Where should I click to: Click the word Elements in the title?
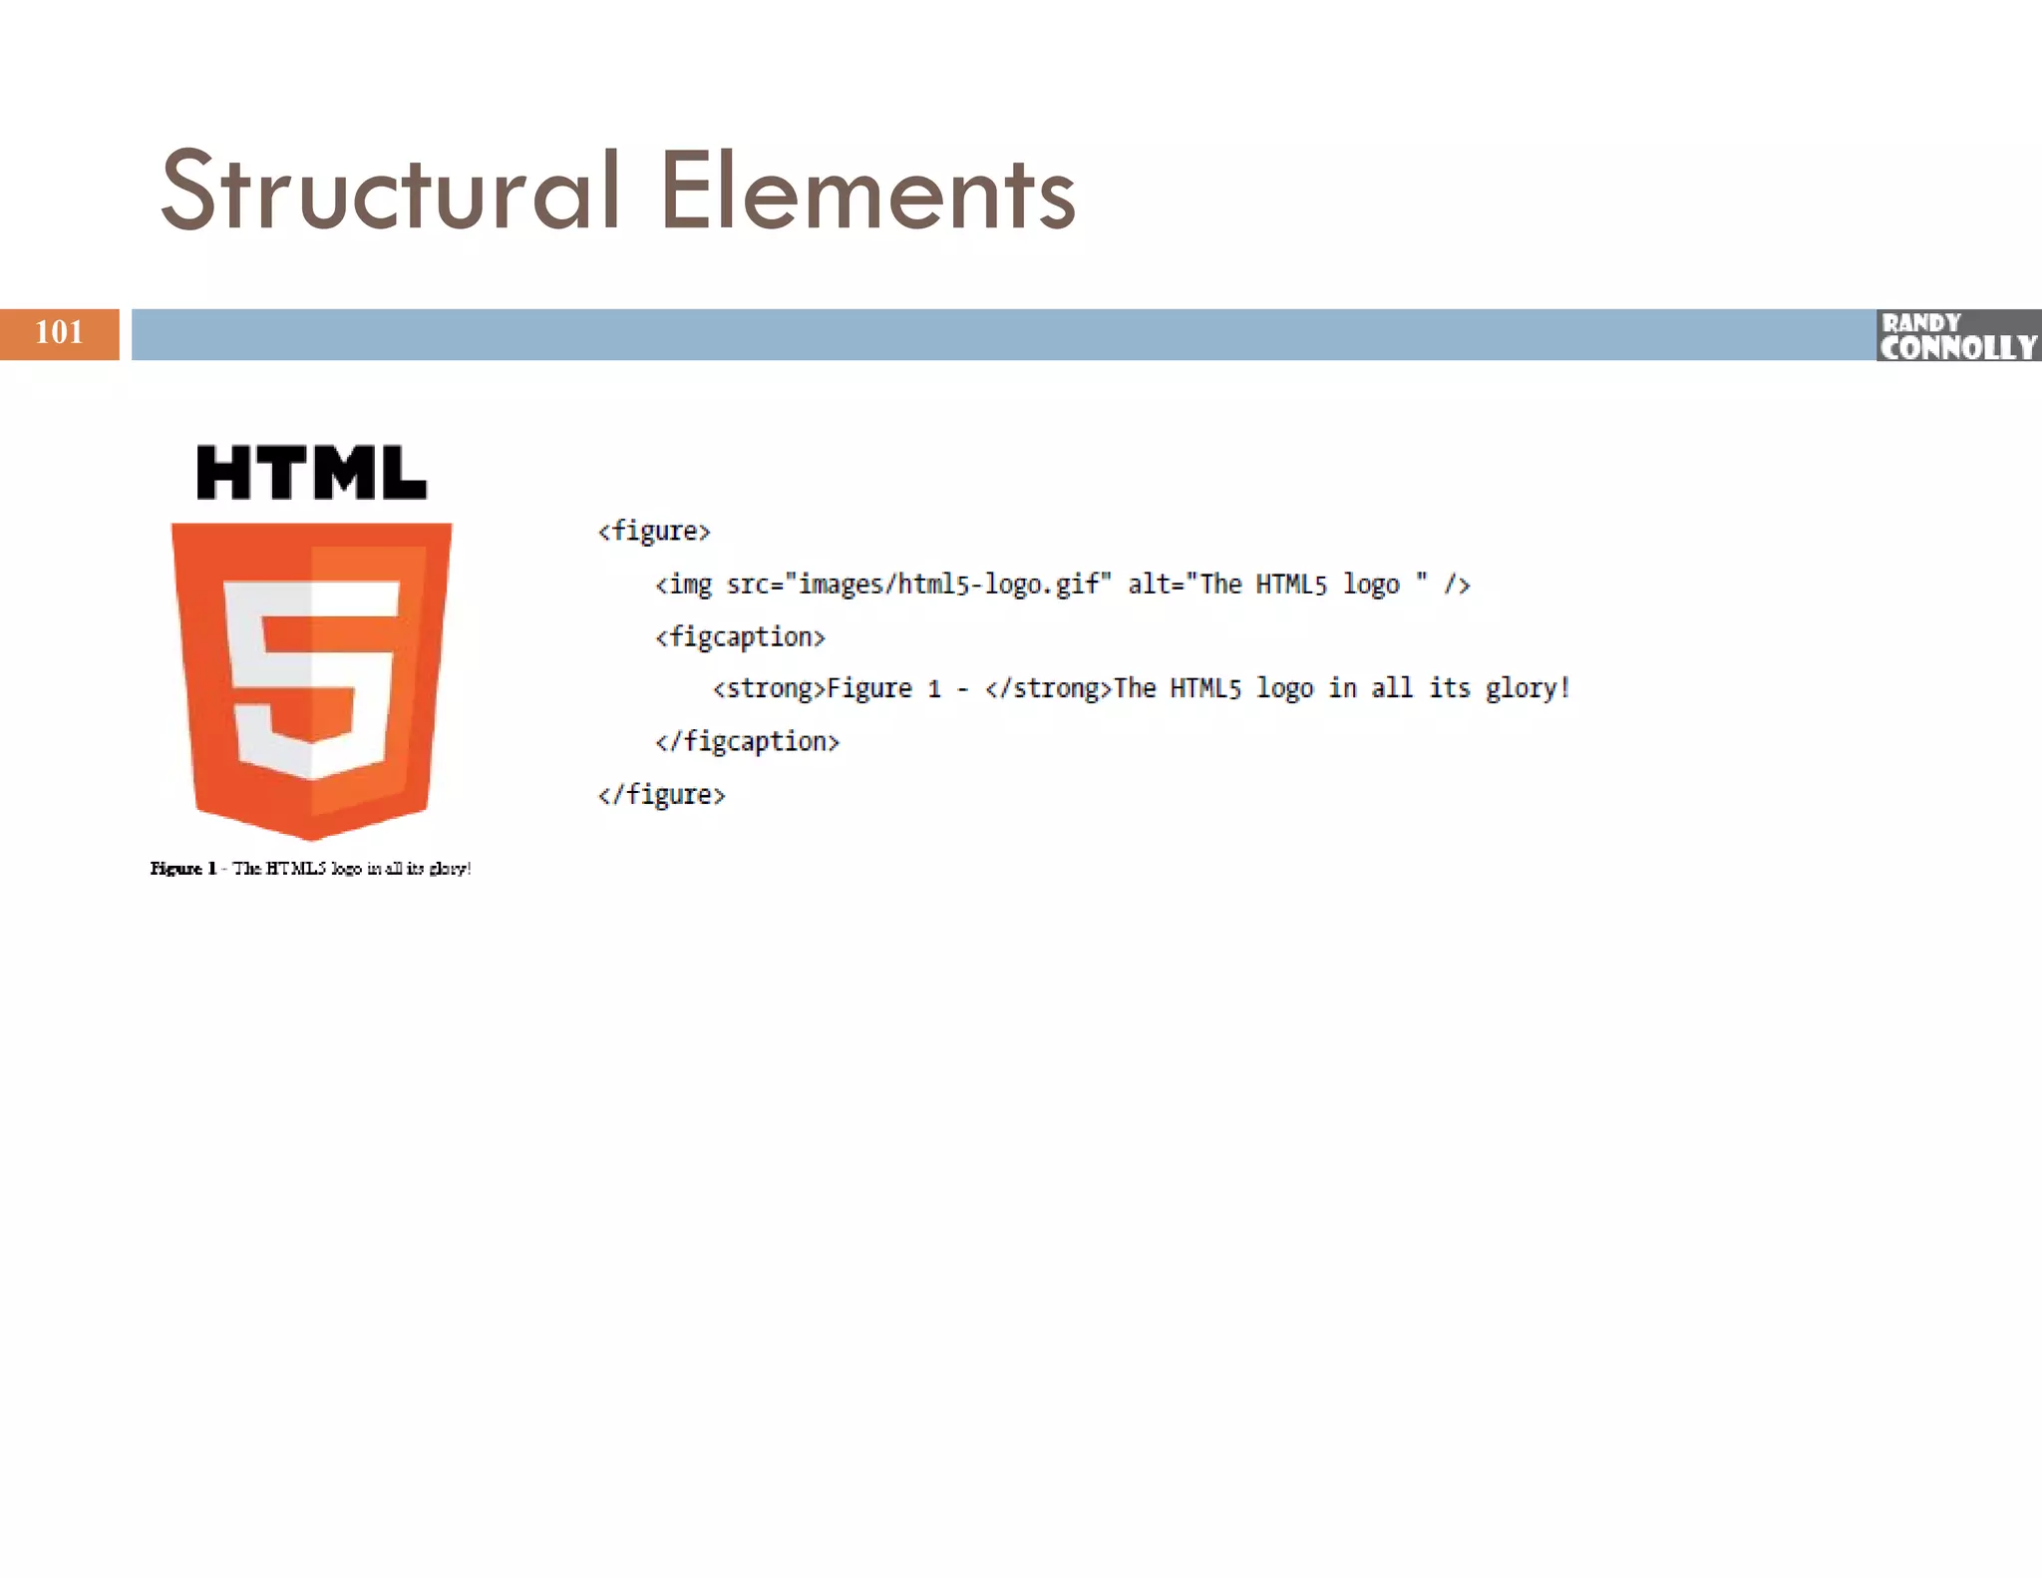[x=867, y=192]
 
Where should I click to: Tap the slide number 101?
[x=59, y=332]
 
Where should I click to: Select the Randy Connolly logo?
[x=1958, y=335]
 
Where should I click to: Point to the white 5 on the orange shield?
[x=311, y=678]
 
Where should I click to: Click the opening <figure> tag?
[x=654, y=531]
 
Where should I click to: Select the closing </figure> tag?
[x=661, y=795]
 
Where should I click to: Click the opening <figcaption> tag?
[x=740, y=637]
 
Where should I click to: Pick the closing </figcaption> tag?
[x=747, y=742]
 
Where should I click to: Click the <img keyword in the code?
[x=684, y=585]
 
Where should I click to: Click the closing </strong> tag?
[x=1048, y=689]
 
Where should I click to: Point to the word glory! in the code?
[x=1528, y=689]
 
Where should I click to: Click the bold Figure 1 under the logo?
[x=183, y=869]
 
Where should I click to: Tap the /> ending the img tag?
[x=1457, y=585]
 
